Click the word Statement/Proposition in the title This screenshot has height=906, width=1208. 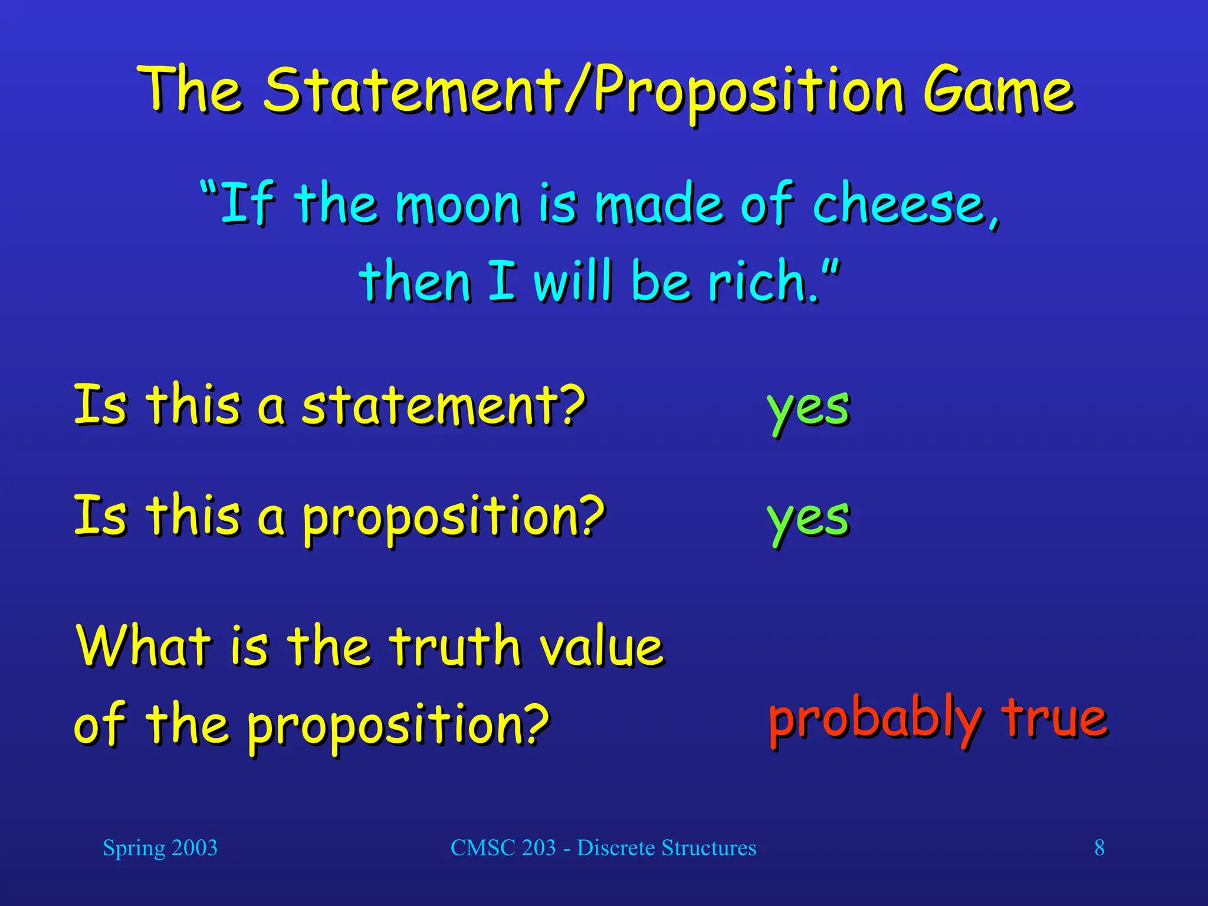tap(584, 91)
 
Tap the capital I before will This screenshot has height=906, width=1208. tap(502, 281)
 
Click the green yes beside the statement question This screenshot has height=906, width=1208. tap(808, 408)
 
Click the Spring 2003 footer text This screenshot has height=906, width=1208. tap(160, 848)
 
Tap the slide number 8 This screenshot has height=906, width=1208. tap(1099, 848)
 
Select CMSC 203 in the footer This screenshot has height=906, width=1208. tap(503, 848)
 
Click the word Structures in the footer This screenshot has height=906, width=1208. tap(708, 848)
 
